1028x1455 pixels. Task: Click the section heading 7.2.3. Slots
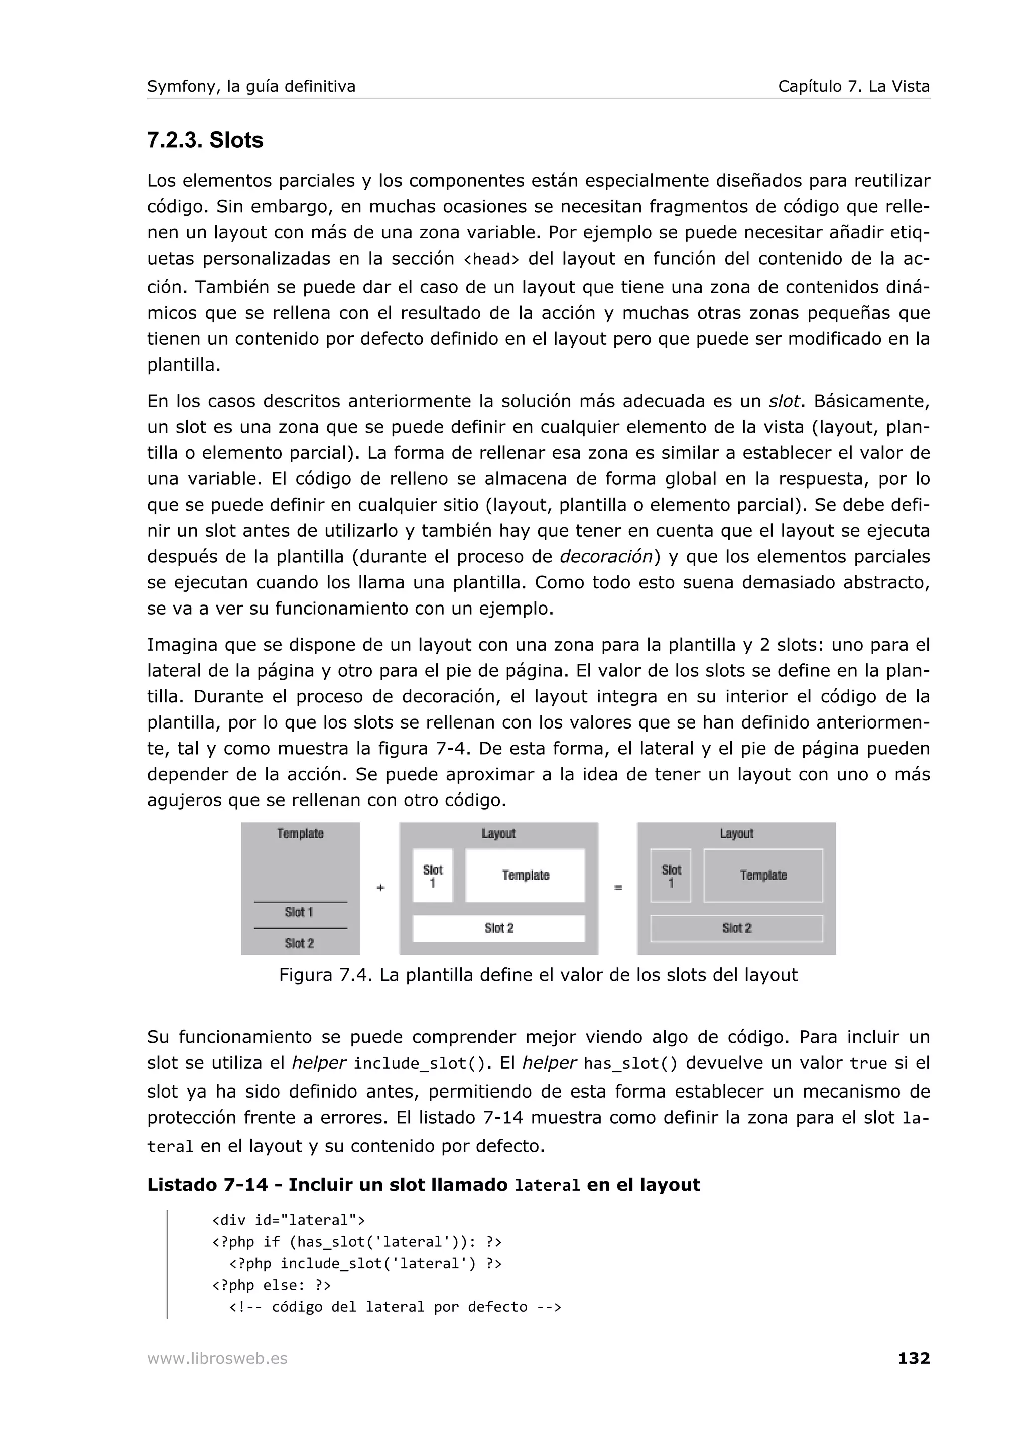tap(205, 140)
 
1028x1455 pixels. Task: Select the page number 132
tap(914, 1358)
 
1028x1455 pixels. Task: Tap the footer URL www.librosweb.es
tap(217, 1358)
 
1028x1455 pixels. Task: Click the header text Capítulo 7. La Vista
tap(853, 87)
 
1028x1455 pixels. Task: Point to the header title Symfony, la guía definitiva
tap(251, 87)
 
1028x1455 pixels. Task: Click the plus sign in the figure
tap(380, 888)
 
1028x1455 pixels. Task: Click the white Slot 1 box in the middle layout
tap(433, 875)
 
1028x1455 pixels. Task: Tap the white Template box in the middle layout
tap(525, 875)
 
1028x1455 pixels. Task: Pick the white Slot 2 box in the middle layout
tap(498, 928)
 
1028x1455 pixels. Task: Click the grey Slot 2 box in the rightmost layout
tap(737, 928)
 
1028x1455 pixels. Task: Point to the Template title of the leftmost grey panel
tap(300, 834)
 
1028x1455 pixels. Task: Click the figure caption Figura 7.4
tap(538, 974)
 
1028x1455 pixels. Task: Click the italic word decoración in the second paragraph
tap(606, 556)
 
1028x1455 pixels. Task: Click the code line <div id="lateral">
tap(288, 1220)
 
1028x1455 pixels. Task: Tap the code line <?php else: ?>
tap(271, 1285)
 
